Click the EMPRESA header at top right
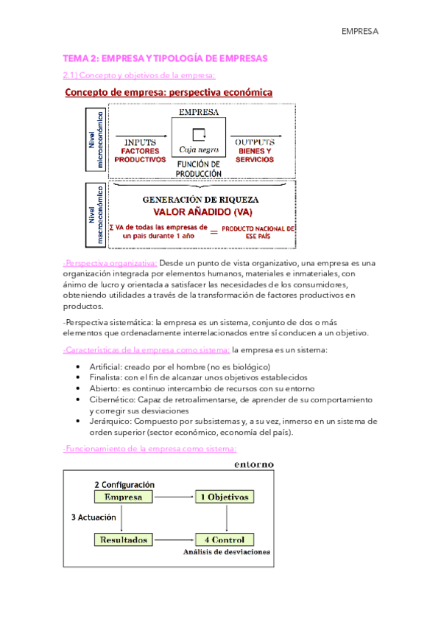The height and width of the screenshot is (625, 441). point(359,32)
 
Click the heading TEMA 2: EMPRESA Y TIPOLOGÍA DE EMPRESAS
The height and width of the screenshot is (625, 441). point(166,57)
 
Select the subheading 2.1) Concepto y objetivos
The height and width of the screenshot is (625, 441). point(138,75)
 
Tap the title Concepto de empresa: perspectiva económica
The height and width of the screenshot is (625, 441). point(169,93)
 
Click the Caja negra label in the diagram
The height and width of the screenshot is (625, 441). point(198,148)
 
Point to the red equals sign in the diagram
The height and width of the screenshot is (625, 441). point(215,231)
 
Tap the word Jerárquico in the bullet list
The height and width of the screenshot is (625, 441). point(111,422)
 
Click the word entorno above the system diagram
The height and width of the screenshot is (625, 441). point(254,464)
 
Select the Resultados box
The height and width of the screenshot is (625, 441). point(125,539)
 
